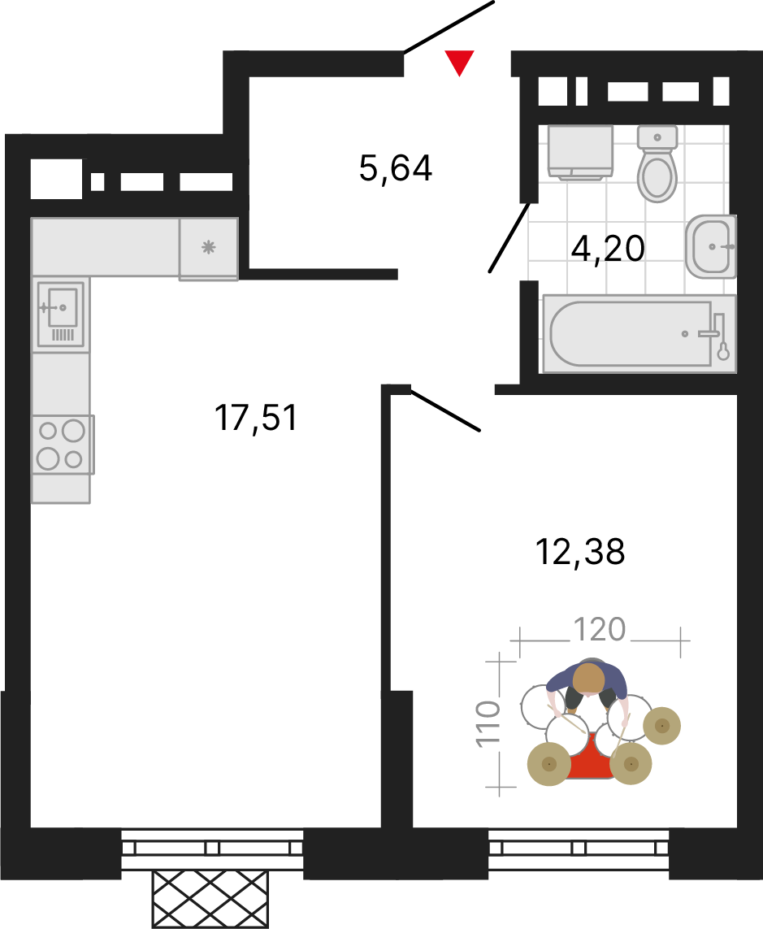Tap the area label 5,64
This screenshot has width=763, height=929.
396,167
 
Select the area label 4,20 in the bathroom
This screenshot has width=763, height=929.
608,249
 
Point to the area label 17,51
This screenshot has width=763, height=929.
256,418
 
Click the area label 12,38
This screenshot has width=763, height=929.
580,552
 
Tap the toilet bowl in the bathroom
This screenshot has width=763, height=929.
657,163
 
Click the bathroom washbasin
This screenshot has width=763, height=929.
712,246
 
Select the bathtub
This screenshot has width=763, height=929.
639,334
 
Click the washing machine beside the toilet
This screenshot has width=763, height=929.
580,152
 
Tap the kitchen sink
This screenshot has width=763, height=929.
60,314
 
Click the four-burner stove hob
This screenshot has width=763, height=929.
63,445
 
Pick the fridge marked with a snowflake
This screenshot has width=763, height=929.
209,248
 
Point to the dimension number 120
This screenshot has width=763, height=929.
600,629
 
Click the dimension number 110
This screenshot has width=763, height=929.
489,723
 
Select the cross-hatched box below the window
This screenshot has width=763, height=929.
210,900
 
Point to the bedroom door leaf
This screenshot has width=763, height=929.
445,410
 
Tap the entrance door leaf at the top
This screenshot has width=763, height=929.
449,27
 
